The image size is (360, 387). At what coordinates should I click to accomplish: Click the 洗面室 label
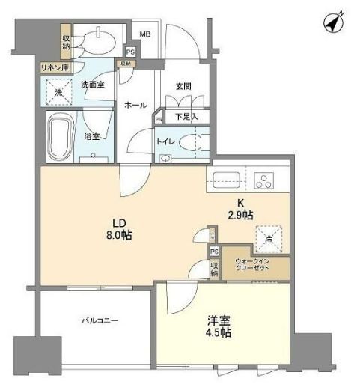pos(94,85)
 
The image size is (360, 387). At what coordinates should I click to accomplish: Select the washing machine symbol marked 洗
pos(59,93)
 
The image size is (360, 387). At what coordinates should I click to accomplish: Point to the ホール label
pos(135,106)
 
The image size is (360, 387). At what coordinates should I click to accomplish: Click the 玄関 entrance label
pos(183,87)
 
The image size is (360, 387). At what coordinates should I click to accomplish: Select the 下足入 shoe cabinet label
pos(186,117)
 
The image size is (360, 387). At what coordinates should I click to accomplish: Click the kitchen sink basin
pos(225,179)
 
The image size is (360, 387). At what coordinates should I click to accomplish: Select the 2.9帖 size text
pos(240,215)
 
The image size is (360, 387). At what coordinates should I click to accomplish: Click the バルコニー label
pos(100,320)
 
